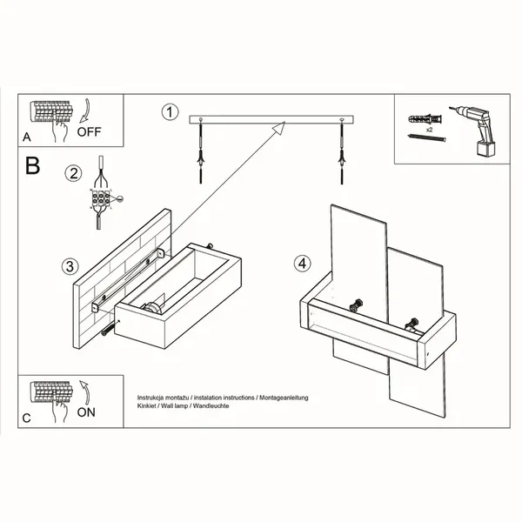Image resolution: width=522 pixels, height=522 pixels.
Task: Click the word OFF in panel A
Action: tap(89, 132)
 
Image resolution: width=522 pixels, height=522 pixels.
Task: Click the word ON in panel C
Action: tap(86, 412)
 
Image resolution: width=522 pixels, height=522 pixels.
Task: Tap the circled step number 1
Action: tap(171, 112)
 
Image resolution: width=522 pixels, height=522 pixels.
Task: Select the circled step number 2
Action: tap(73, 173)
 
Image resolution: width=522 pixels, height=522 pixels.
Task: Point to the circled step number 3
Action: tap(70, 266)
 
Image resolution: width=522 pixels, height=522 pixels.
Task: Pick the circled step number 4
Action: tap(302, 264)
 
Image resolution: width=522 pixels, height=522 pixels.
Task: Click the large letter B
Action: tap(33, 165)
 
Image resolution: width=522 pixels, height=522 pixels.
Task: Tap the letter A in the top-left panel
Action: tap(27, 137)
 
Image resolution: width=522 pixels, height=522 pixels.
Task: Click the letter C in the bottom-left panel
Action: tap(27, 418)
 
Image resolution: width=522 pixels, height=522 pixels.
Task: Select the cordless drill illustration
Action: tap(473, 130)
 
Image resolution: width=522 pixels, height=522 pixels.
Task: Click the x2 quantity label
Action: tap(430, 130)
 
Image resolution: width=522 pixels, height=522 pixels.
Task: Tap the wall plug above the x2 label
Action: tap(425, 119)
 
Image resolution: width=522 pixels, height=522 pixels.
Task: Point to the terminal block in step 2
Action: tap(100, 199)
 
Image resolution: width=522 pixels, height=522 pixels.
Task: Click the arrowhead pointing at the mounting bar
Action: tap(279, 128)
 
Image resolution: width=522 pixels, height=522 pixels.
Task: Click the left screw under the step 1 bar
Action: tap(200, 151)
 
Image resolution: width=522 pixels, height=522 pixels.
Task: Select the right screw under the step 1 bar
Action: tap(341, 151)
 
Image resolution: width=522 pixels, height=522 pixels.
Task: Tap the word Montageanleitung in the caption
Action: tap(284, 398)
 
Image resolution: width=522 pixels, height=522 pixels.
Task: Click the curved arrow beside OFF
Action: tap(85, 110)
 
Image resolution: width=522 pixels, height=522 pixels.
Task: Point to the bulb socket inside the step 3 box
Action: tap(153, 307)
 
